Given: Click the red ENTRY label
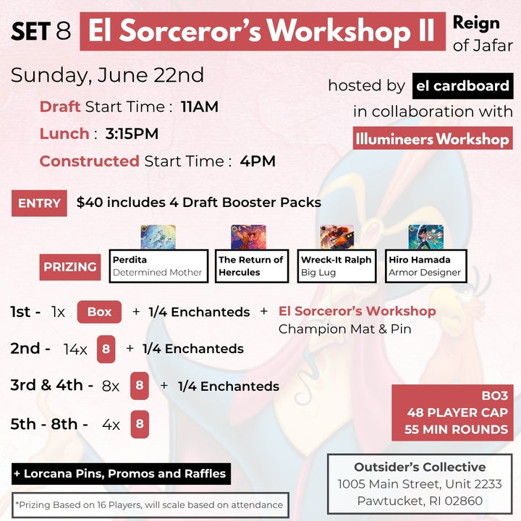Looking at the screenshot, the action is click(x=39, y=203).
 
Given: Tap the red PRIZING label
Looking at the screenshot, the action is click(x=70, y=267).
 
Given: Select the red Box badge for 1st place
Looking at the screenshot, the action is click(x=99, y=312).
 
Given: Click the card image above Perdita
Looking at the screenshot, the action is click(x=158, y=237).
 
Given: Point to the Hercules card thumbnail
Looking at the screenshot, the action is click(x=248, y=237).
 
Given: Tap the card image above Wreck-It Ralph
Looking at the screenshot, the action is click(x=337, y=237).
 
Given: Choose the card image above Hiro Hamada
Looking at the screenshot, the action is click(x=426, y=237).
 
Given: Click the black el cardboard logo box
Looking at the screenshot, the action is click(x=463, y=86).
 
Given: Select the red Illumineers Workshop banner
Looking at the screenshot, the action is click(x=433, y=138).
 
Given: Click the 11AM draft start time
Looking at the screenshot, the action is click(x=200, y=106).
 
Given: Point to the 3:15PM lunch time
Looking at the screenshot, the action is click(x=132, y=134).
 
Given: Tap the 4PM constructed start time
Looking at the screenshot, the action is click(x=258, y=161).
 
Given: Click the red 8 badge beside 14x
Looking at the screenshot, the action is click(x=106, y=349).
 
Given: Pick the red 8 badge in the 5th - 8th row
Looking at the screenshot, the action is click(x=140, y=424).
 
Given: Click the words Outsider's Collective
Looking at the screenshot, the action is click(x=420, y=467).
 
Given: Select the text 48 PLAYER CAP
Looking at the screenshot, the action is click(x=457, y=412).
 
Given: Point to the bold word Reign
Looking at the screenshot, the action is click(x=476, y=24).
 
